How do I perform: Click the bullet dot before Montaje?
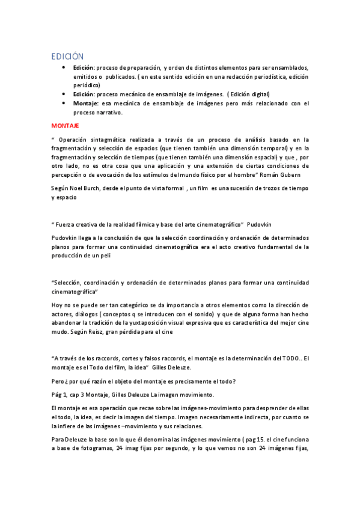[64, 103]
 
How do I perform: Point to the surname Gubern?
[297, 174]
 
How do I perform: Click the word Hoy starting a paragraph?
[56, 305]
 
